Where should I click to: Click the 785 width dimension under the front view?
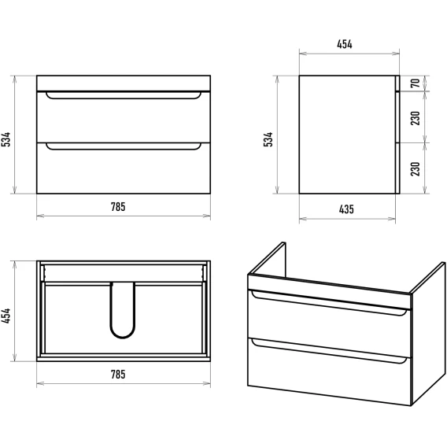pyautogui.click(x=118, y=207)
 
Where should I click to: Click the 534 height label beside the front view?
pyautogui.click(x=6, y=139)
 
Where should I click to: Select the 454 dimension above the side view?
pyautogui.click(x=345, y=44)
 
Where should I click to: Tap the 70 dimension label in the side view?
pyautogui.click(x=416, y=83)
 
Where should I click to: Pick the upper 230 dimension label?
pyautogui.click(x=416, y=118)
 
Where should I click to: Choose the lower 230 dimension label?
pyautogui.click(x=416, y=168)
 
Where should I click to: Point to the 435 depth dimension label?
pyautogui.click(x=346, y=209)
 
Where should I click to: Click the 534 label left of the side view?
pyautogui.click(x=268, y=139)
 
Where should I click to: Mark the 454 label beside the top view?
pyautogui.click(x=6, y=316)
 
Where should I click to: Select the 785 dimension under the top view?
pyautogui.click(x=118, y=375)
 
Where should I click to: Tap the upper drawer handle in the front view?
pyautogui.click(x=124, y=98)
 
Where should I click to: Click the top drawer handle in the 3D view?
pyautogui.click(x=329, y=304)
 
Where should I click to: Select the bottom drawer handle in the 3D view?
pyautogui.click(x=329, y=353)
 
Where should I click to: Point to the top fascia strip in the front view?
pyautogui.click(x=124, y=83)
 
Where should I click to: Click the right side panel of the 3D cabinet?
pyautogui.click(x=428, y=334)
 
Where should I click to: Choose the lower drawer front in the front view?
pyautogui.click(x=124, y=168)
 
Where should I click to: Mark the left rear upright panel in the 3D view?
pyautogui.click(x=269, y=260)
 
